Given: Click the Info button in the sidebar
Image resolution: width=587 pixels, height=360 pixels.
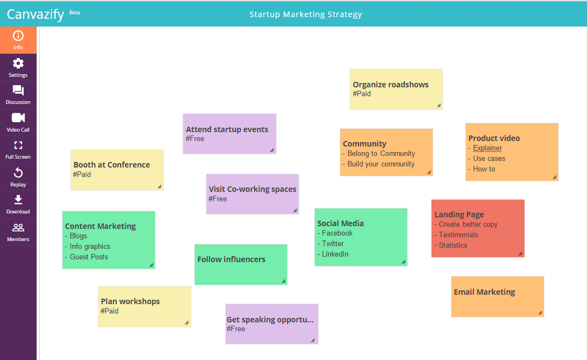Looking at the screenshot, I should tap(18, 40).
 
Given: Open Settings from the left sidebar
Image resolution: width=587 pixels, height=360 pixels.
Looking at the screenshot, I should tap(18, 67).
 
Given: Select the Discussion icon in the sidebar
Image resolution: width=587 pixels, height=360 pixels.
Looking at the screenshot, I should tap(18, 95).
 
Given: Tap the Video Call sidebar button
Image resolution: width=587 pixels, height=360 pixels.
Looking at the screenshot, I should tap(18, 122).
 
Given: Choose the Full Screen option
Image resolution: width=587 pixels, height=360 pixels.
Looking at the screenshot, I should tap(18, 149).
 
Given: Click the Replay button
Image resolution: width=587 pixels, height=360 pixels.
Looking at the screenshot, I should tap(18, 177).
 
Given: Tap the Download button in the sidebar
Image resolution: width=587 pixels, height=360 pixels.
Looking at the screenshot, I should tap(18, 204).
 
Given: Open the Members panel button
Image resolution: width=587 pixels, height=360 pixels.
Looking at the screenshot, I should tap(18, 232).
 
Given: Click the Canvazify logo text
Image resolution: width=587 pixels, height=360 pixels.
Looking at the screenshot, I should tap(35, 14).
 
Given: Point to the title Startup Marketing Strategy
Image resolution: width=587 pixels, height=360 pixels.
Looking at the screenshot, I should tap(305, 14).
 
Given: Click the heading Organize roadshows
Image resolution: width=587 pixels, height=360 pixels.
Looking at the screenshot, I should tap(391, 85).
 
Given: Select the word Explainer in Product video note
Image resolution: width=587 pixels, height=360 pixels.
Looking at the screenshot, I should tap(487, 148).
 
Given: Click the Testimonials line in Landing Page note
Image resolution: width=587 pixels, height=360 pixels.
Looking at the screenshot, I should tap(458, 235).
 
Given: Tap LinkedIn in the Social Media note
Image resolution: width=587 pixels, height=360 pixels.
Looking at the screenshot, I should tap(335, 254).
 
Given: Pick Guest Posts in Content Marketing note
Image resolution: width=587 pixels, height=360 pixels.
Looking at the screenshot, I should tap(89, 257).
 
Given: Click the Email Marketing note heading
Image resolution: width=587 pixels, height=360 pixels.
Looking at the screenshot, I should tap(484, 292).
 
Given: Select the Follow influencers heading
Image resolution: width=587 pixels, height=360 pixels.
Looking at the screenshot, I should tap(231, 259).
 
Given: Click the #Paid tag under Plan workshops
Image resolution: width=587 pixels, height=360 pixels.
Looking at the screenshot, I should tap(110, 311).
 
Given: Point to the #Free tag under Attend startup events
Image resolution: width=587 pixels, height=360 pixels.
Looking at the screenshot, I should tap(195, 139).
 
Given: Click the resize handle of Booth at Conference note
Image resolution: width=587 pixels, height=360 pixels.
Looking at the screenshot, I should tap(159, 186).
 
